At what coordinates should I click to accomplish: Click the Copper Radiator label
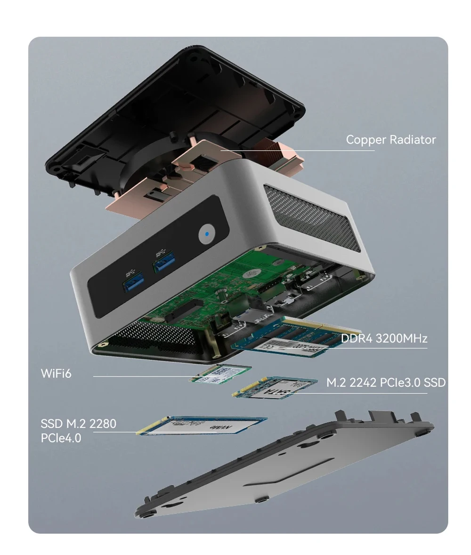tap(390, 140)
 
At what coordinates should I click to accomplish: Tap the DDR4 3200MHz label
tap(383, 338)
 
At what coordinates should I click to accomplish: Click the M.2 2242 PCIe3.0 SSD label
tap(385, 382)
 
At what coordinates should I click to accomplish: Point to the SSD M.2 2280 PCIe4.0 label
tap(78, 431)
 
